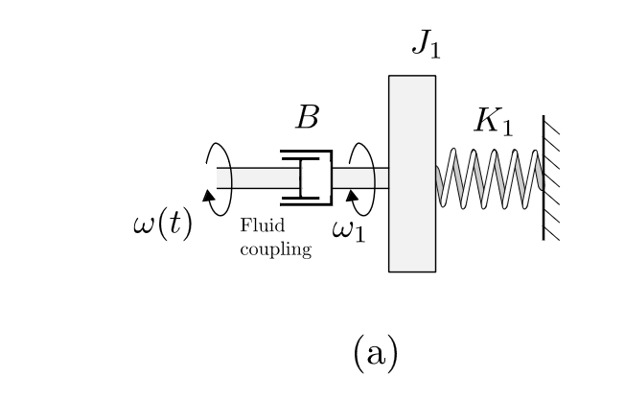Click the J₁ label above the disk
pos(427,46)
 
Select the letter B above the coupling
pos(307,117)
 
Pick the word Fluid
pos(257,225)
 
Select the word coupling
pos(275,251)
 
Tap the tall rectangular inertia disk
pos(411,174)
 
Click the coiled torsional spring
pos(490,177)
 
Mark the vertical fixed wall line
pos(544,177)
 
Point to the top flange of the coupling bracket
pos(307,153)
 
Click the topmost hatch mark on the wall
pos(551,124)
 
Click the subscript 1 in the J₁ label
pos(436,52)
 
